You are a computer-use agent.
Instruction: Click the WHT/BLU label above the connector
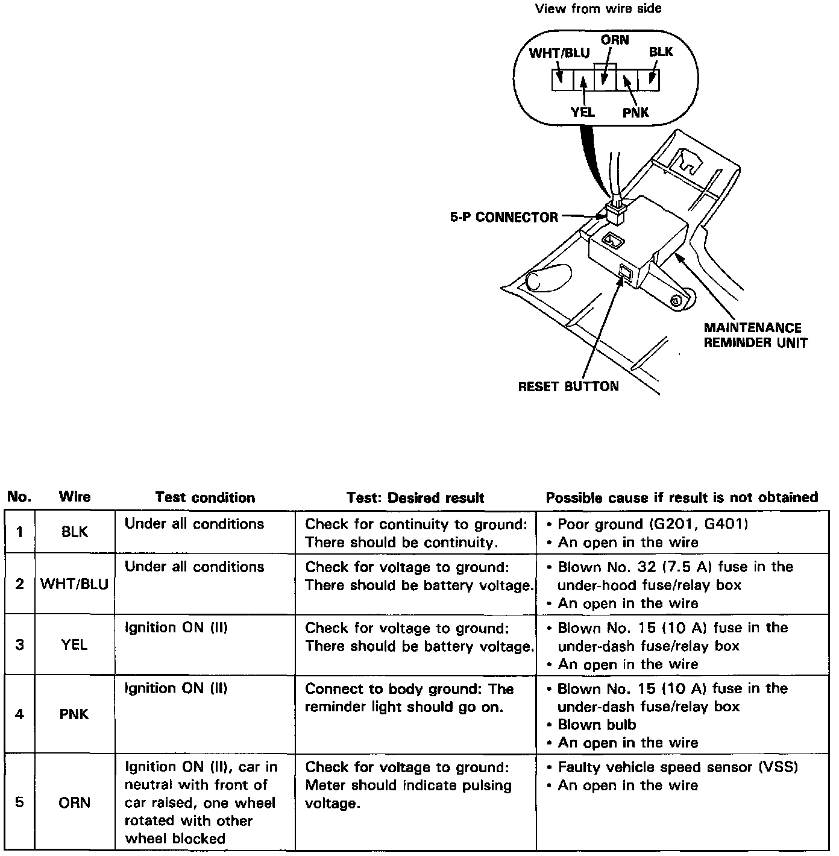tap(559, 53)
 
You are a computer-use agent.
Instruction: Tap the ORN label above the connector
tap(615, 40)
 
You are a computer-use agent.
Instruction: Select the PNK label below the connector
tap(636, 112)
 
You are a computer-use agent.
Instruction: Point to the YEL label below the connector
tap(582, 112)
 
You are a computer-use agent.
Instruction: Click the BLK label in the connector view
tap(661, 52)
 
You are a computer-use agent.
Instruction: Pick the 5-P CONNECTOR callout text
tap(504, 217)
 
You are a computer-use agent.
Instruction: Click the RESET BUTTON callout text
tap(568, 386)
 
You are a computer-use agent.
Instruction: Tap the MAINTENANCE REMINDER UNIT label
tap(755, 335)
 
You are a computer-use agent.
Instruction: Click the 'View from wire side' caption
tap(598, 8)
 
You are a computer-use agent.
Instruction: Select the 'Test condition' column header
tap(205, 497)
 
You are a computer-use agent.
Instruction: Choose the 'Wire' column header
tap(75, 497)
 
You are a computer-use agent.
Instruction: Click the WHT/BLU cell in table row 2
tap(74, 584)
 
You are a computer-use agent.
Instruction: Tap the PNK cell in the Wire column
tap(75, 714)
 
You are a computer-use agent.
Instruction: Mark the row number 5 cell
tap(19, 803)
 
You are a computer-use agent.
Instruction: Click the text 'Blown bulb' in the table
tap(597, 725)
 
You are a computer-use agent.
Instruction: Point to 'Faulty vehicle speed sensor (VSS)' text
tap(677, 767)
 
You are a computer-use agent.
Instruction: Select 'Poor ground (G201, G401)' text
tap(652, 524)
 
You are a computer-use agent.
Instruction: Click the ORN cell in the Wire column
tap(75, 803)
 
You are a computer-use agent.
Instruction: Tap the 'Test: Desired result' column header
tap(415, 497)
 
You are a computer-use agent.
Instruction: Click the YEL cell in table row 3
tap(74, 645)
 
